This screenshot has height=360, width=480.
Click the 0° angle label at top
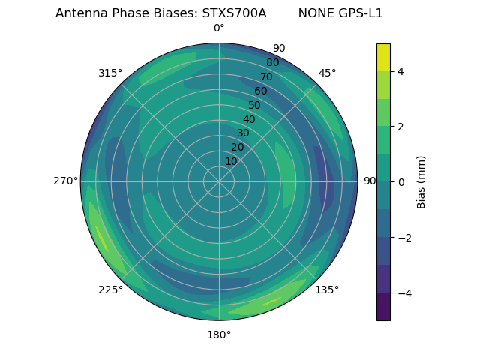[219, 28]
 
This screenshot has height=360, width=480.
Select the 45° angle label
[327, 73]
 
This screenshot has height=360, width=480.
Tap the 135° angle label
[327, 289]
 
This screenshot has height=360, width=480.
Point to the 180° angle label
[219, 334]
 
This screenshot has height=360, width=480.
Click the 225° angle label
[110, 289]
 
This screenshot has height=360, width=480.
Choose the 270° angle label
[66, 181]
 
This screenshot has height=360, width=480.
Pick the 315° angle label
[110, 73]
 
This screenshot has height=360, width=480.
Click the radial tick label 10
[231, 161]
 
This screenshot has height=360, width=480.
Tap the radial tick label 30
[243, 133]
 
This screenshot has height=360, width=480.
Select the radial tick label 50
[255, 105]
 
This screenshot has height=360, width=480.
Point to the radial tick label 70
[266, 76]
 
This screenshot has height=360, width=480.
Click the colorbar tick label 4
[401, 71]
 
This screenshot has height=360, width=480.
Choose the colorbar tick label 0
[401, 181]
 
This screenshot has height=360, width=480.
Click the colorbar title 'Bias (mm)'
[421, 181]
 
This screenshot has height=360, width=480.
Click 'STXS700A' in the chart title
[234, 13]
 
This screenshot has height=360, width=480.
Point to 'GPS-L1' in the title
[361, 13]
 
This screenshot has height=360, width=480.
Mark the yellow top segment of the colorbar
[383, 57]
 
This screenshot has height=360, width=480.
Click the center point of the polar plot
[219, 181]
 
